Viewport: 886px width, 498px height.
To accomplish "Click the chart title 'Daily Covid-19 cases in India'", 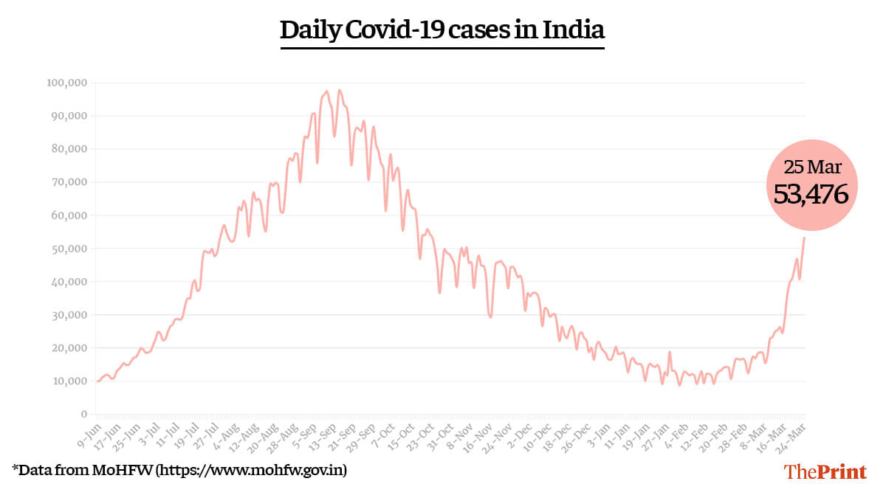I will click(442, 30).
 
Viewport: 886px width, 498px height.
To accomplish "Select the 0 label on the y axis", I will click(84, 415).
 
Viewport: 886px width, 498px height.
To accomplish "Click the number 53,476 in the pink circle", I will click(811, 194).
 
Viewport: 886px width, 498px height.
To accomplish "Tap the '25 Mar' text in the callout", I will click(811, 167).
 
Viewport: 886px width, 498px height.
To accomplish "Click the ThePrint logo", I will click(825, 471).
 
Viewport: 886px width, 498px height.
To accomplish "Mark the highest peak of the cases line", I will click(339, 90).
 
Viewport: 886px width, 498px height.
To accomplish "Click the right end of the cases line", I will click(804, 237).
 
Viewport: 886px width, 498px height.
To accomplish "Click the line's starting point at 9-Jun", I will click(97, 381).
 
